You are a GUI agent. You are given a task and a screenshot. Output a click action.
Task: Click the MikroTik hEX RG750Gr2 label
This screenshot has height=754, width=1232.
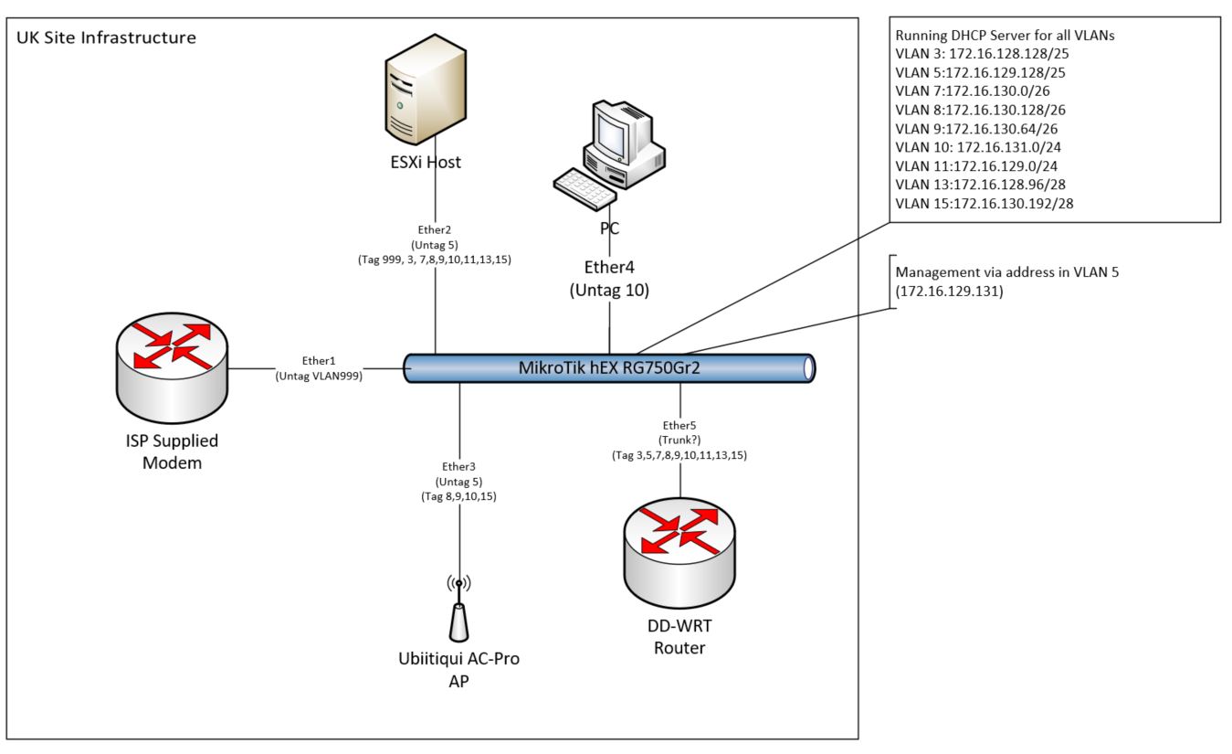pos(608,367)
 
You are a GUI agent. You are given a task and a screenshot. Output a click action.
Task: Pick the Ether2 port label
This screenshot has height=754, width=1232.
pos(434,231)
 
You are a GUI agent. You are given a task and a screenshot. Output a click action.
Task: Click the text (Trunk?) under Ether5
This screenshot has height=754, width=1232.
pos(679,440)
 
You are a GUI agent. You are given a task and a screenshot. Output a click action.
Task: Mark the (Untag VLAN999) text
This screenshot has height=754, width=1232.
pos(320,374)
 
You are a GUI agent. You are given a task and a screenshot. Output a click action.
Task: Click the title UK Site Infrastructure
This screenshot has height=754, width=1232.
pos(106,38)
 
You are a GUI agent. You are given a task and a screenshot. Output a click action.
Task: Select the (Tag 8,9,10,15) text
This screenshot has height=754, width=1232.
pos(458,496)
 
